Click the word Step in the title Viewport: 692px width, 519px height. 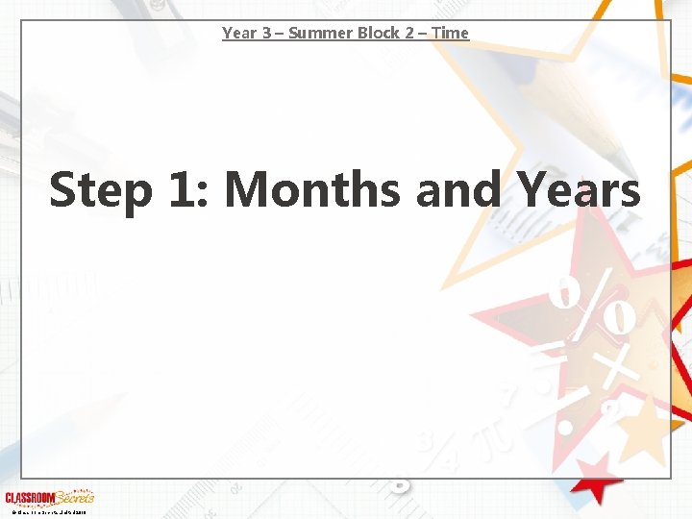point(100,189)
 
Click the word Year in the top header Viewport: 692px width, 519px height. point(238,33)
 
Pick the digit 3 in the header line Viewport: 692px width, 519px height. point(264,33)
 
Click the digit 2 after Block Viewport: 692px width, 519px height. point(415,33)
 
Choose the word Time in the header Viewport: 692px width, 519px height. point(451,33)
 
